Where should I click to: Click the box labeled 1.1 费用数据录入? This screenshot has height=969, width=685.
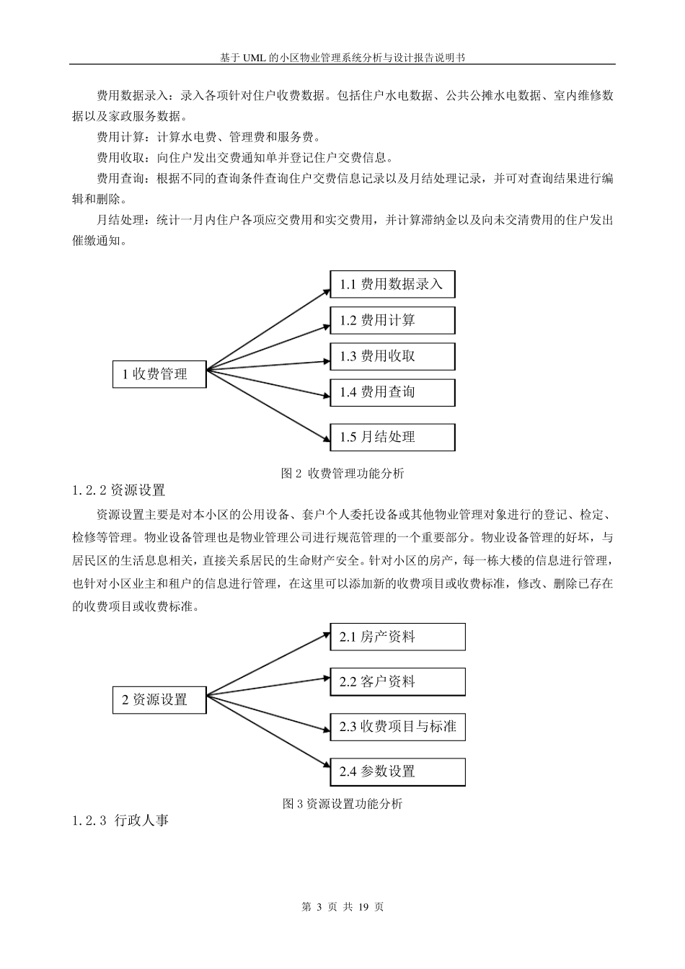click(x=392, y=284)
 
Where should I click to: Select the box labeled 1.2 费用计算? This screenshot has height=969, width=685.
click(x=392, y=320)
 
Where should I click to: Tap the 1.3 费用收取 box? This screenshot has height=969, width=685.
click(x=392, y=356)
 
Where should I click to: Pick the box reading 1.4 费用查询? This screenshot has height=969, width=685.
click(x=392, y=392)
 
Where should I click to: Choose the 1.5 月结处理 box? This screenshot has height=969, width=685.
click(x=392, y=437)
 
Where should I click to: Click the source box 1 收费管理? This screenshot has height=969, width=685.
click(x=159, y=373)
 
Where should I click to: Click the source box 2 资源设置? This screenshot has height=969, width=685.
click(x=159, y=699)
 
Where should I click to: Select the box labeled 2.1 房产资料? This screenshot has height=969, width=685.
click(x=397, y=637)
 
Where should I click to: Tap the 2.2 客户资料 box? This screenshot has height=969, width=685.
click(x=397, y=681)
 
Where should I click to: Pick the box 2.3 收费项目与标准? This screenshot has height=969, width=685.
click(x=397, y=726)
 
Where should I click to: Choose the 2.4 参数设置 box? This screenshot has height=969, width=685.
click(x=397, y=771)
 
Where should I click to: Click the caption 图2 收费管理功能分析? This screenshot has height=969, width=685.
click(x=342, y=473)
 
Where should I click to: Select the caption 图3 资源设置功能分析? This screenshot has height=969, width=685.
click(x=342, y=804)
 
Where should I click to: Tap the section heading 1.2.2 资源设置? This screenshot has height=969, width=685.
click(x=119, y=491)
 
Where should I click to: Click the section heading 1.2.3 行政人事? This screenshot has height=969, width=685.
click(x=120, y=820)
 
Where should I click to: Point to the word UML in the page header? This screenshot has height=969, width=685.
click(x=253, y=57)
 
